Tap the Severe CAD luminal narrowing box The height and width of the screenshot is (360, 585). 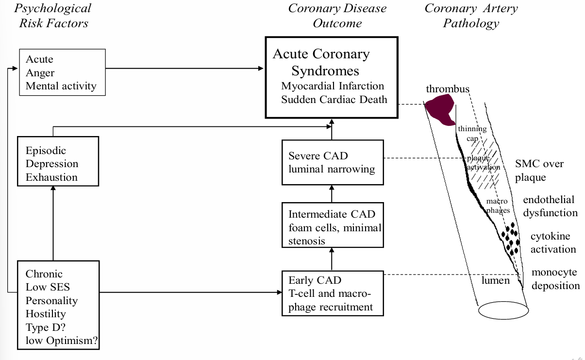(333, 162)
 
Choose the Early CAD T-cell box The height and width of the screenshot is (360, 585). (333, 293)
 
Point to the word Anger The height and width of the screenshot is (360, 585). (40, 73)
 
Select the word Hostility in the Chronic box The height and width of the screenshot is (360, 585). (46, 314)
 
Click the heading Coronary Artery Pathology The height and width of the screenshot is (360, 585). (471, 16)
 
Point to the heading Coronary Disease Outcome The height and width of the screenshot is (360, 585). (337, 16)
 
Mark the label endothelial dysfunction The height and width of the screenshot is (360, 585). (550, 206)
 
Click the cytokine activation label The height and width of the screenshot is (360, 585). (552, 242)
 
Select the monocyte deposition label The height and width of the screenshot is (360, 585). (555, 279)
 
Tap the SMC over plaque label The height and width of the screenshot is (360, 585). (539, 171)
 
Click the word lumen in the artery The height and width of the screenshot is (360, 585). (496, 280)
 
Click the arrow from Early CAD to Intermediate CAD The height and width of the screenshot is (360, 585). (332, 259)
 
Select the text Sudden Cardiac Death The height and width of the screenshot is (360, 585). (334, 100)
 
